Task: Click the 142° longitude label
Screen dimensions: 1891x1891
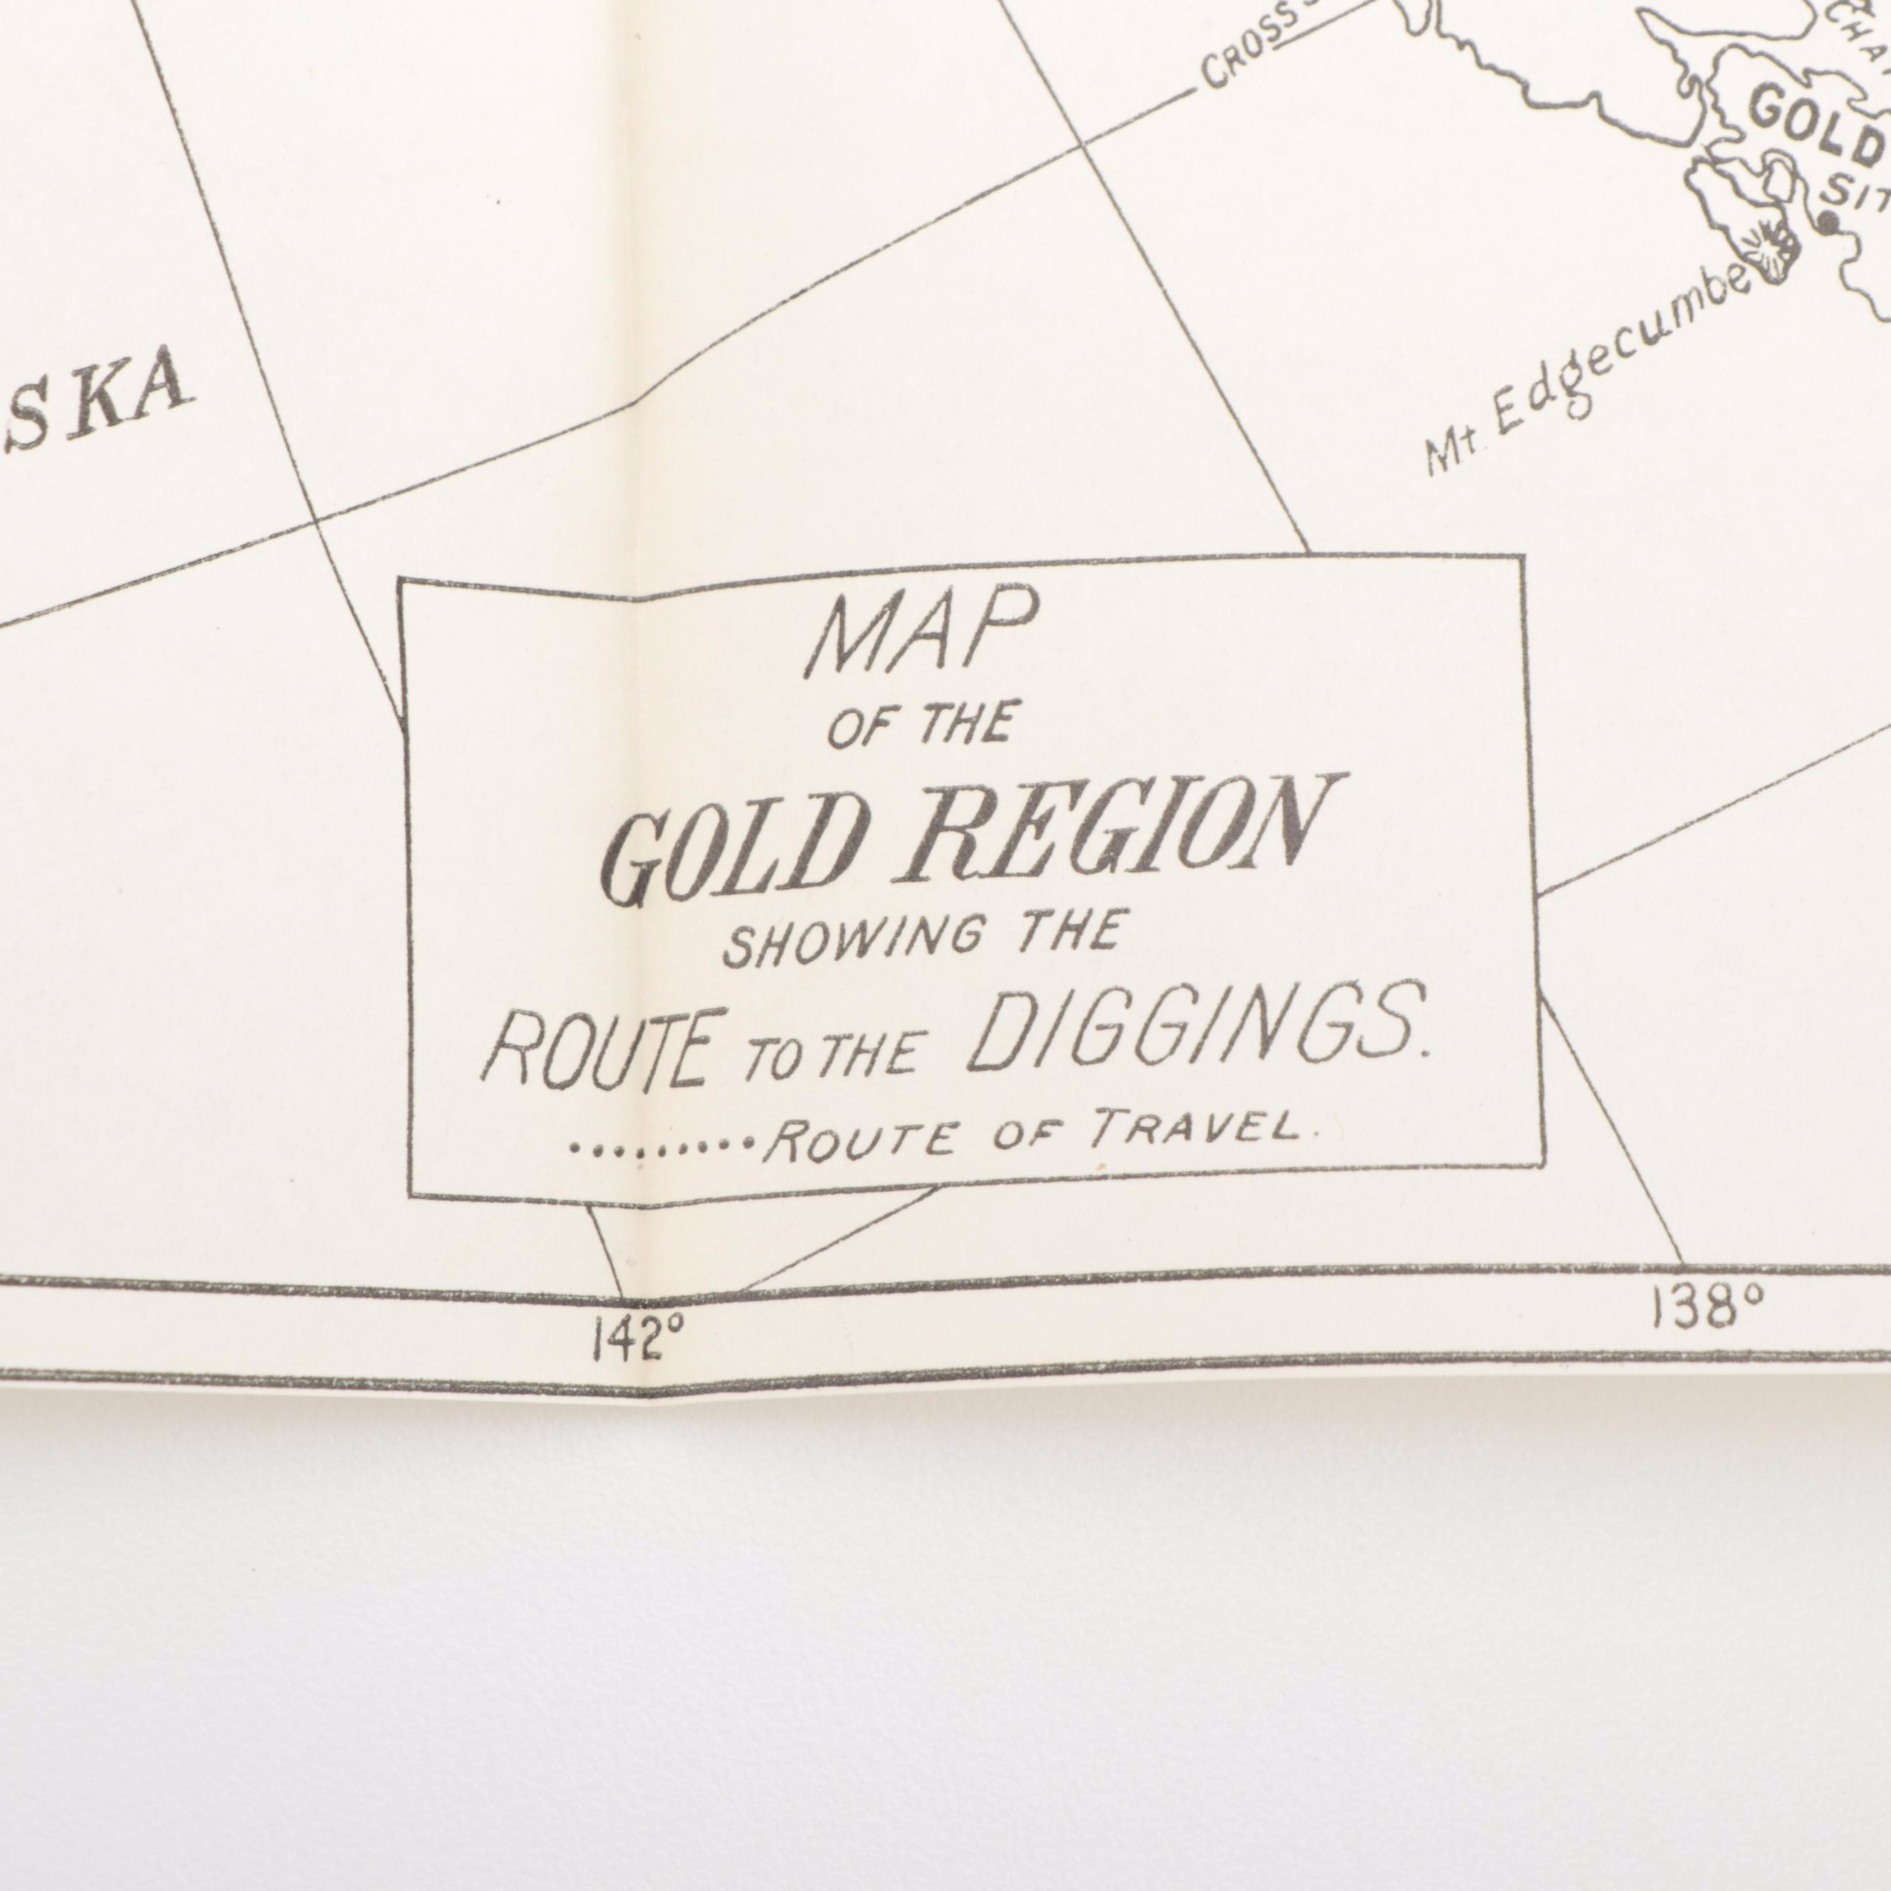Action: (x=640, y=1339)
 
